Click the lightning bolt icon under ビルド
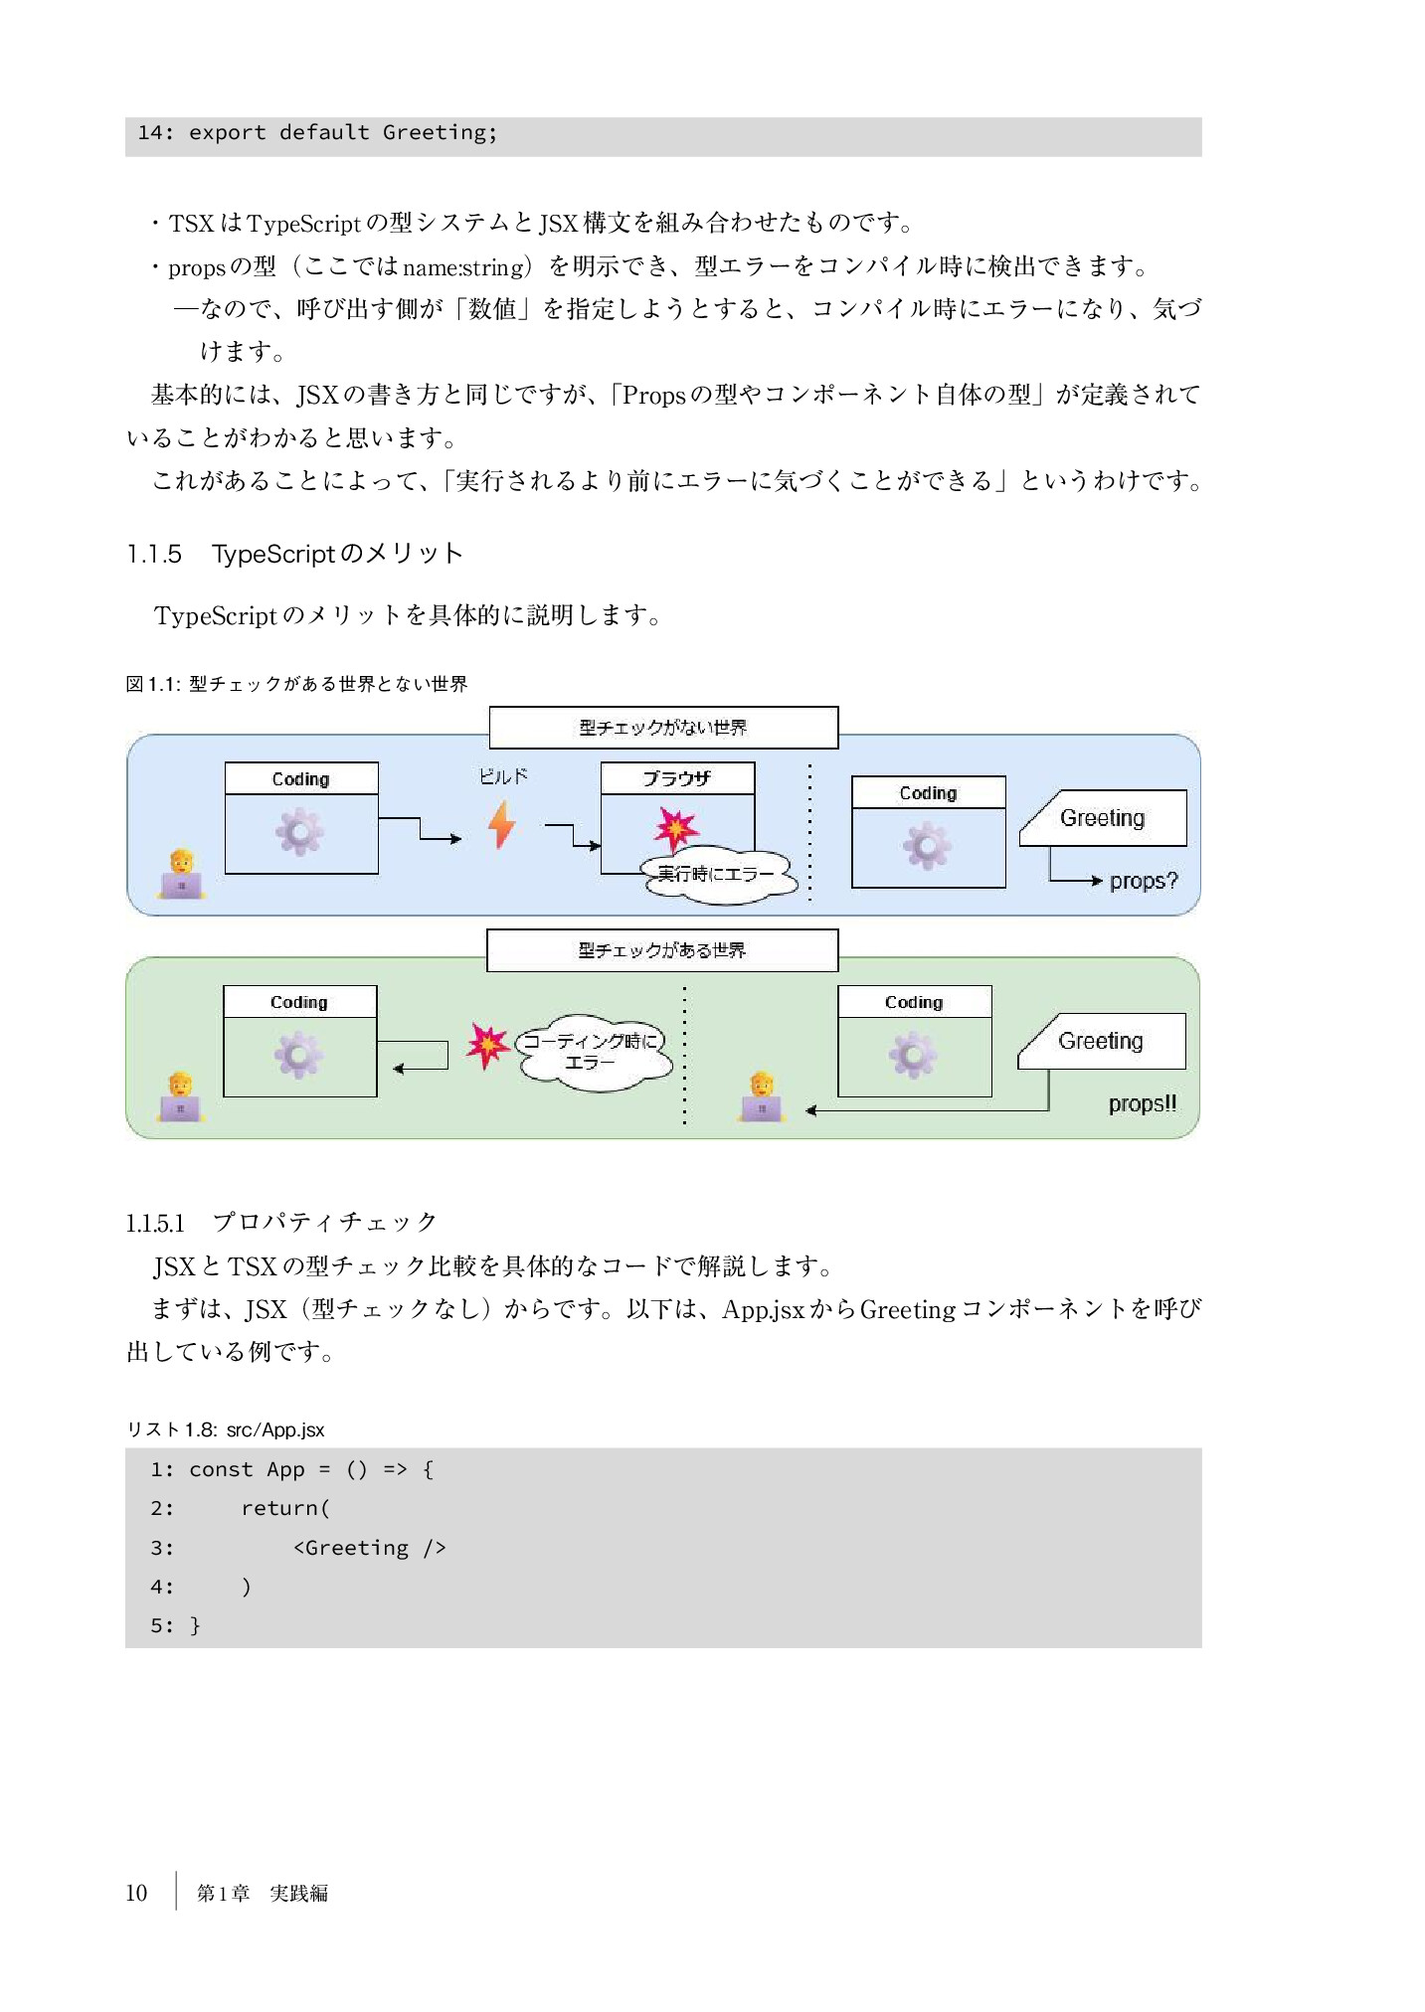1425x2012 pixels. click(x=502, y=824)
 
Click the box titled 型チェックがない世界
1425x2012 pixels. click(x=663, y=728)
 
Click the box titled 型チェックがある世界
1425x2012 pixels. click(x=662, y=950)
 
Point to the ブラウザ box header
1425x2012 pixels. click(x=677, y=778)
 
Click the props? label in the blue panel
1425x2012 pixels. click(x=1143, y=881)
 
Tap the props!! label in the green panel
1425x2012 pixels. click(x=1142, y=1103)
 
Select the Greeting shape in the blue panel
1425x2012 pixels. click(x=1104, y=818)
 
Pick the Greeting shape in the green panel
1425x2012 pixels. click(x=1102, y=1041)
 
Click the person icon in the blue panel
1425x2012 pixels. click(x=181, y=874)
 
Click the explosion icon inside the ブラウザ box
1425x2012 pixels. click(x=676, y=827)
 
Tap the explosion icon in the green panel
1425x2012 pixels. click(x=487, y=1045)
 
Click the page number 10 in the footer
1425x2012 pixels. click(x=136, y=1893)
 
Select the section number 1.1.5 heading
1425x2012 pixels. click(x=154, y=554)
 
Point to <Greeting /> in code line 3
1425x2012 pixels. click(x=369, y=1548)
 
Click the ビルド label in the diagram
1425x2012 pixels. click(x=503, y=776)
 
